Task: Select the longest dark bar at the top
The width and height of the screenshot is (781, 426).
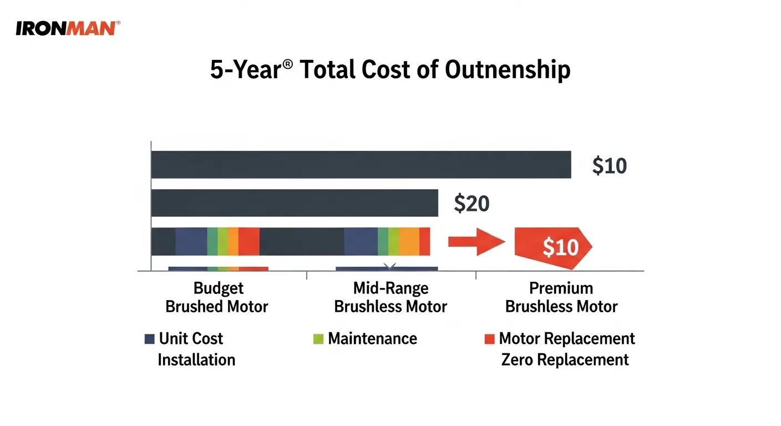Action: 361,165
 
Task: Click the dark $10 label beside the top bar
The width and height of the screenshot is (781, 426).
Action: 609,166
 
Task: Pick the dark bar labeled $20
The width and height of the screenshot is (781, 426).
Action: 294,203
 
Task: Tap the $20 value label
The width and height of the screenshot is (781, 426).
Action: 471,204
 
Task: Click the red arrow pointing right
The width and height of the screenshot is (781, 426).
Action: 476,241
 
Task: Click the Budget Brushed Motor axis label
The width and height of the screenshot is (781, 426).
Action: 217,297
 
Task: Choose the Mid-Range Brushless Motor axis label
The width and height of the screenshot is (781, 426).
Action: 390,297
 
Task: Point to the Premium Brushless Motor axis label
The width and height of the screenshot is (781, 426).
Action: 561,297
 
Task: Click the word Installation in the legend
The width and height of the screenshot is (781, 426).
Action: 196,359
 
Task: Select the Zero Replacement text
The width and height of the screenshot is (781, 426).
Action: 565,359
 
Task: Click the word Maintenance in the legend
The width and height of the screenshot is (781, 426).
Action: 372,338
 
